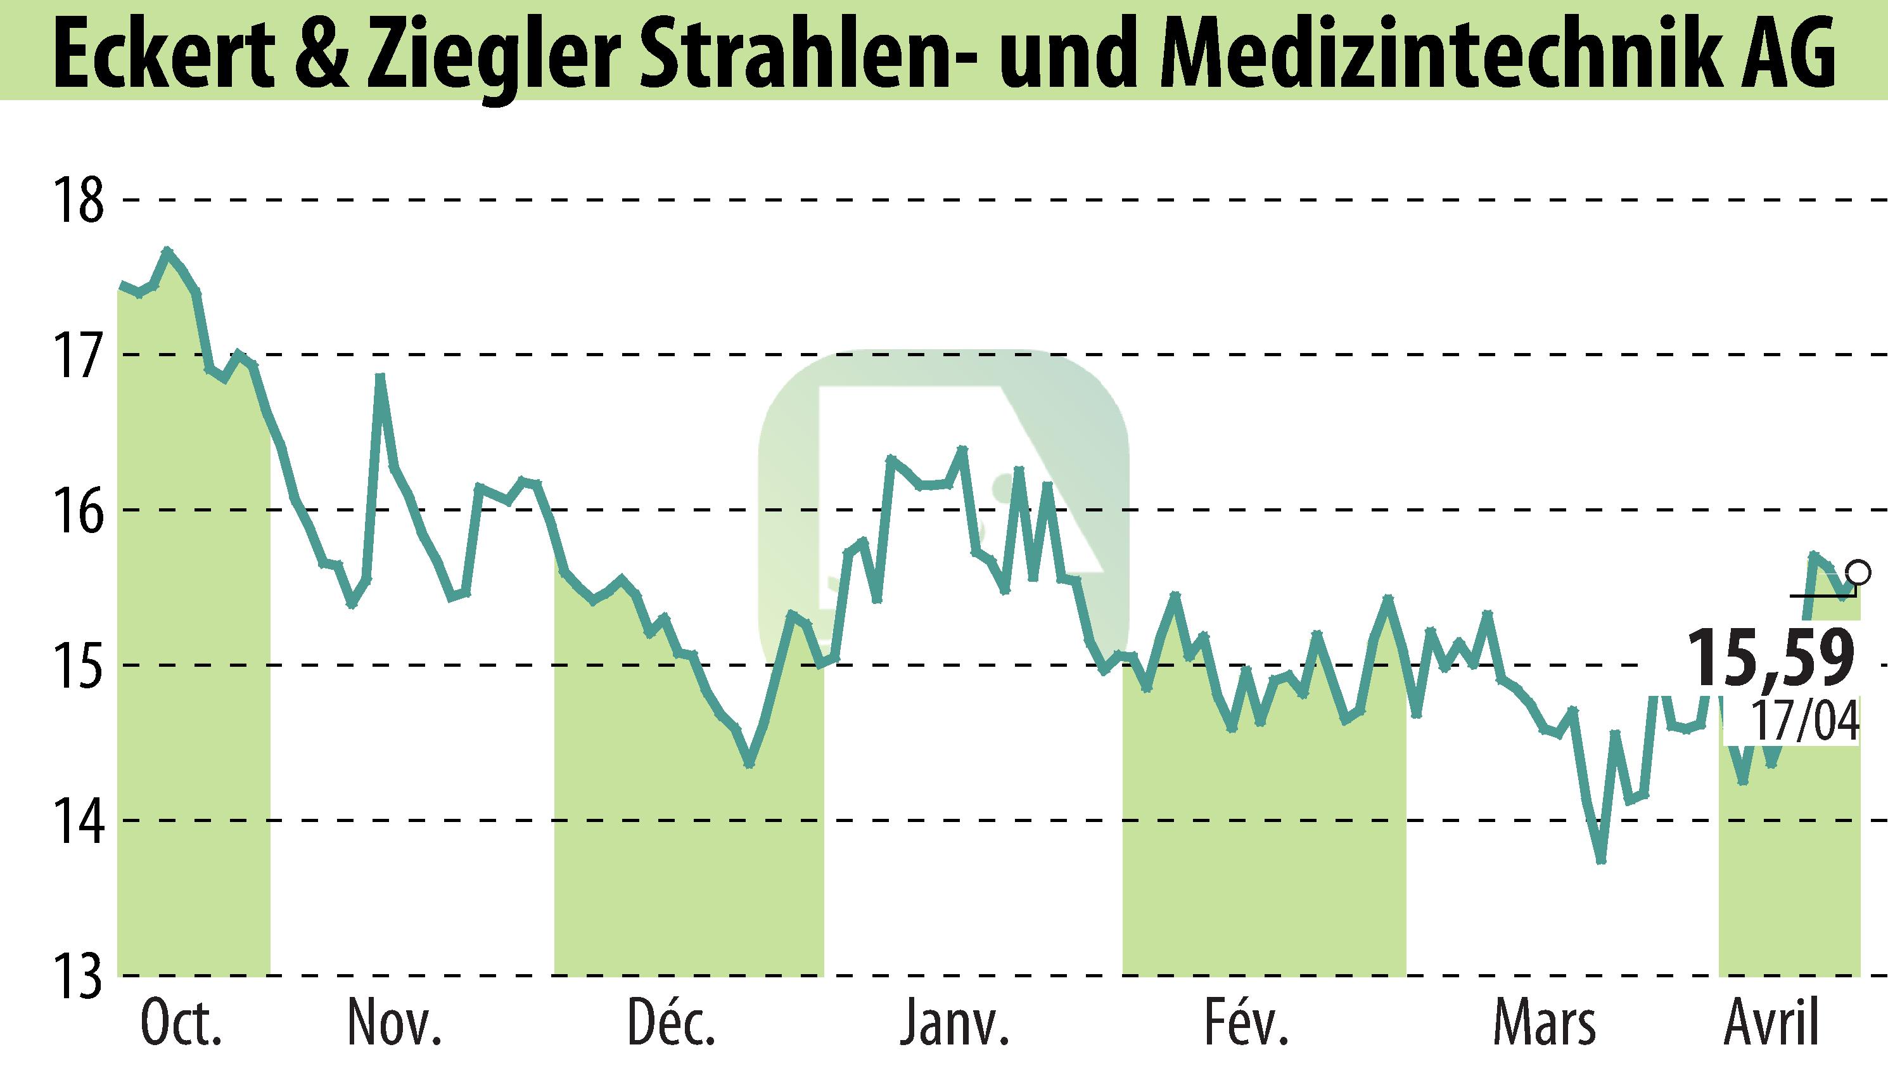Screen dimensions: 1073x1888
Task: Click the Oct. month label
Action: click(x=181, y=1024)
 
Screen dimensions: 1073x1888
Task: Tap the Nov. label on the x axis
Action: click(x=395, y=1024)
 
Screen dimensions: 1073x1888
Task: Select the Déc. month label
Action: click(x=672, y=1024)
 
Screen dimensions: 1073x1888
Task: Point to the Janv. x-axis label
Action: click(x=955, y=1024)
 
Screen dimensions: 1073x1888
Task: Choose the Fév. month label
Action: click(x=1247, y=1024)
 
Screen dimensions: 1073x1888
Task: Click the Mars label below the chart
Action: click(x=1544, y=1024)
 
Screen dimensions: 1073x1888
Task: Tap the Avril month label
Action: click(x=1771, y=1024)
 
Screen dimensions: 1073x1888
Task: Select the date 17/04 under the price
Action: click(x=1803, y=720)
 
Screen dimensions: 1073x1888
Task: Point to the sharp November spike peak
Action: click(x=380, y=376)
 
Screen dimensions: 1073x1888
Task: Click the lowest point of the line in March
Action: click(x=1599, y=860)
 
